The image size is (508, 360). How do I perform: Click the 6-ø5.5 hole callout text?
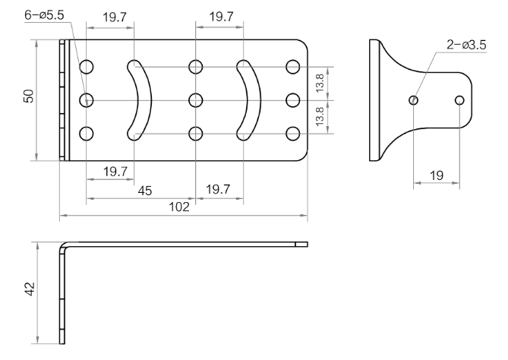44,15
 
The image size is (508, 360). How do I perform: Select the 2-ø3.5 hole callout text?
466,45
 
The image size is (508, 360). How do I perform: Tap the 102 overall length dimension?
179,207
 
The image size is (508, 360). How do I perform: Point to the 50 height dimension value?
29,96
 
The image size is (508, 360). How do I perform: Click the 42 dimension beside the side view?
30,289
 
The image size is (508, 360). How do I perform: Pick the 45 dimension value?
145,191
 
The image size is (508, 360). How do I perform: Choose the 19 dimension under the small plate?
437,175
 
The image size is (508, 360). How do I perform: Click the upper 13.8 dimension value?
320,83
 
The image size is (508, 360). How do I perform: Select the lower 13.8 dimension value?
320,116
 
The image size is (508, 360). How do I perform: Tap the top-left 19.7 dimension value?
115,17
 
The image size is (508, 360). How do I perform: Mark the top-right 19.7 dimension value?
221,16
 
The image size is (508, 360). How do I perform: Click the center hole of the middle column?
196,100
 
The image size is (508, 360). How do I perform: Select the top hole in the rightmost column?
293,67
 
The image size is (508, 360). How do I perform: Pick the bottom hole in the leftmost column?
86,134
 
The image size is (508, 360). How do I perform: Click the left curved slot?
146,100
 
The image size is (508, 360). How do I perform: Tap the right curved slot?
255,100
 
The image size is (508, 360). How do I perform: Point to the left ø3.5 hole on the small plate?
413,100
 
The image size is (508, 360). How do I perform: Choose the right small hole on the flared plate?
459,100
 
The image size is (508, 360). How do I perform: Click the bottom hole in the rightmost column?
293,134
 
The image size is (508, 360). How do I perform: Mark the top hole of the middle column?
196,67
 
